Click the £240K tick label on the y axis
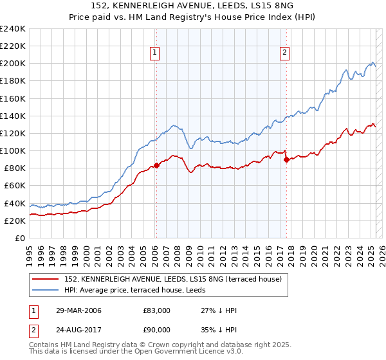coord(12,29)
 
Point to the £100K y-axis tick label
coord(12,150)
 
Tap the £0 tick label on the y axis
coord(20,238)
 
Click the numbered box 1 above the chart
coord(156,53)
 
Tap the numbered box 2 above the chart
coord(284,53)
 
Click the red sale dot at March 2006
coord(156,166)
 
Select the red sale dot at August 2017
coord(286,160)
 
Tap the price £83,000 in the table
coord(156,310)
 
